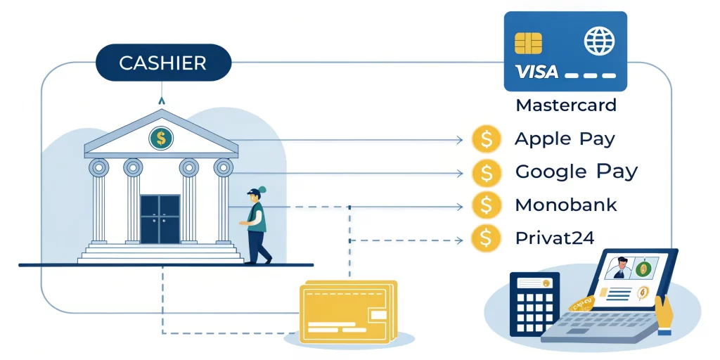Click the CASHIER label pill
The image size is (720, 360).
pos(163,63)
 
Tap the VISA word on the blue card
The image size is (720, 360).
pos(536,72)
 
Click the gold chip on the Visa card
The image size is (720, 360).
pos(528,43)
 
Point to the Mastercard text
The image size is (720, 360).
pos(565,106)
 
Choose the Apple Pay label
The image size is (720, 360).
pos(565,139)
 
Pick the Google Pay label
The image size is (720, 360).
pos(576,172)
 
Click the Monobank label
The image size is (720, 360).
pos(565,205)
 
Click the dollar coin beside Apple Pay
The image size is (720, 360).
pos(487,139)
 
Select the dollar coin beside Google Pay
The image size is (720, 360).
pos(487,172)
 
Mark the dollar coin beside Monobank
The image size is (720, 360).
pos(487,205)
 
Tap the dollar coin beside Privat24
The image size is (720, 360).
pos(487,238)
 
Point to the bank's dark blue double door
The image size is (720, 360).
pos(160,218)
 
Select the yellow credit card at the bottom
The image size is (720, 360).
pos(346,312)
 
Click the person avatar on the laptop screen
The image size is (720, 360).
pos(618,269)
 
